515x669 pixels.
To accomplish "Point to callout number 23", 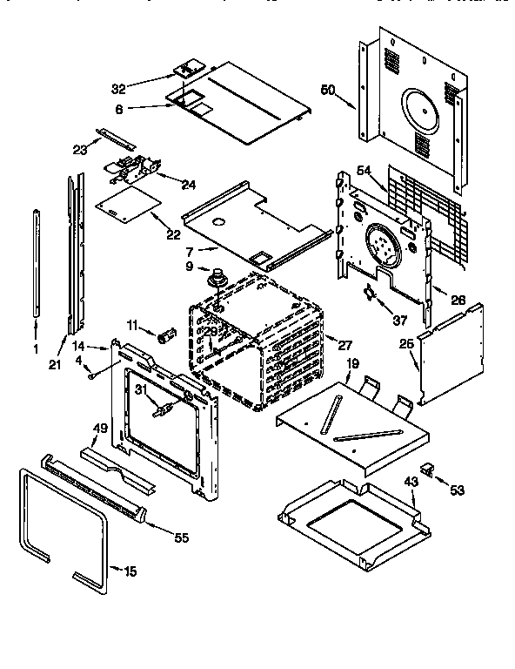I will (79, 149).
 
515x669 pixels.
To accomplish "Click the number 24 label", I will (188, 183).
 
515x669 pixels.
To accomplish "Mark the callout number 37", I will (399, 321).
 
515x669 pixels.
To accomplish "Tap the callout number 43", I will (411, 482).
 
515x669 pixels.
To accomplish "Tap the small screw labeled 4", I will (90, 376).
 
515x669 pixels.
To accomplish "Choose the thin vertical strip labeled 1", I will (37, 261).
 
